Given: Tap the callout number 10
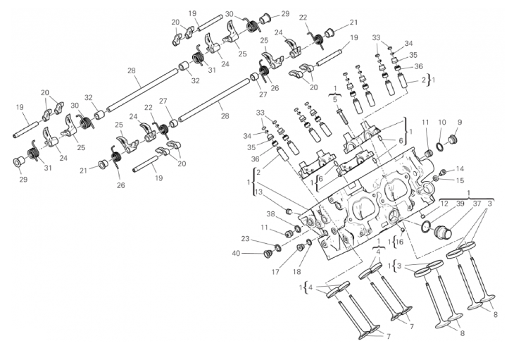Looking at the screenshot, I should (x=443, y=123).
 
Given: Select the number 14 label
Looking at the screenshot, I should (x=460, y=169).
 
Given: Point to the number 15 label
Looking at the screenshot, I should (x=460, y=180).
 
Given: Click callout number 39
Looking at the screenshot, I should (x=460, y=203).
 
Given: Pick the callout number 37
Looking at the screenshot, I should (x=477, y=203).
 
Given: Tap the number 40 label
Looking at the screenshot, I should (x=237, y=252).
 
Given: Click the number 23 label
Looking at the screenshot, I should (x=245, y=238).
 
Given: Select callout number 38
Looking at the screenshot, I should (x=270, y=213).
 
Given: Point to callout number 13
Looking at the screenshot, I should (x=259, y=192).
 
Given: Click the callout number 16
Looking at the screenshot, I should (x=400, y=242).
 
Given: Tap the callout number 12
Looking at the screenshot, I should (x=444, y=203).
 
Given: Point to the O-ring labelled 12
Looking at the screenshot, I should (x=427, y=226).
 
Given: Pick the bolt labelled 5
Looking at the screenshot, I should (x=341, y=113).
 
